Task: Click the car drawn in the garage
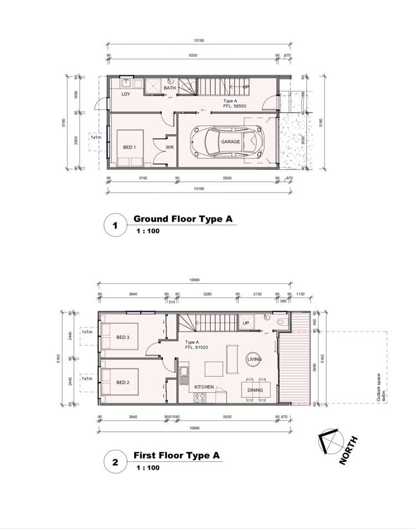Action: tap(226, 142)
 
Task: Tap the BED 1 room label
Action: tap(130, 147)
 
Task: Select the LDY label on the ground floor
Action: tap(126, 94)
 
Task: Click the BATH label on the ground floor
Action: tap(170, 88)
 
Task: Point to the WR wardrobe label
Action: tap(170, 147)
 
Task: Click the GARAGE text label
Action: tap(231, 142)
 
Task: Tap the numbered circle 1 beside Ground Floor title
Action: tap(115, 226)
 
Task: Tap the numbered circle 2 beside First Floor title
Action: tap(115, 462)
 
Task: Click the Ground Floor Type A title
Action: tap(182, 219)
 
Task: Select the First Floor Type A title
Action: tap(177, 455)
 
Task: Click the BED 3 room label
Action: tap(122, 337)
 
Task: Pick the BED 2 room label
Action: tap(122, 383)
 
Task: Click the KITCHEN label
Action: tap(204, 386)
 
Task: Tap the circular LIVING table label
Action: tap(254, 359)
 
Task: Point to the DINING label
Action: tap(255, 390)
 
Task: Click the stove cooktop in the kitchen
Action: tap(199, 396)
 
